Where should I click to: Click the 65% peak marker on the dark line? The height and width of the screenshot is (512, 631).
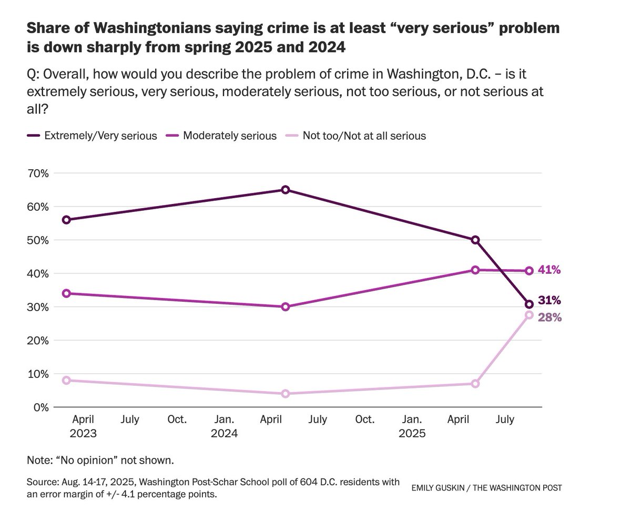point(285,190)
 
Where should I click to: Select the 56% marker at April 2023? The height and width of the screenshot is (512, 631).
point(66,220)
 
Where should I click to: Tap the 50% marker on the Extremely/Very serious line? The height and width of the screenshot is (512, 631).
point(475,240)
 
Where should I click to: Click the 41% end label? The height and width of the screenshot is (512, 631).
point(549,270)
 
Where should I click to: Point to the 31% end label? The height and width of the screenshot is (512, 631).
point(549,301)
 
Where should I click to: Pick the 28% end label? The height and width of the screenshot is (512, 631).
point(549,318)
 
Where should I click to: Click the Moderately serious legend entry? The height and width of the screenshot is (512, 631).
point(230,136)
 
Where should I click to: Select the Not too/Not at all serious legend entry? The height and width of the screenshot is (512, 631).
point(364,136)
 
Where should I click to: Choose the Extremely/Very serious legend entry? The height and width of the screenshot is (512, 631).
point(100,136)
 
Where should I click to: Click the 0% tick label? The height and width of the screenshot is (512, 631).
point(41,407)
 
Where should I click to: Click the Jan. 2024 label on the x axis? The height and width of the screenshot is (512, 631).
point(225,426)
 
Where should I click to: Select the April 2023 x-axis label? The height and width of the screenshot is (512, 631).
point(83,426)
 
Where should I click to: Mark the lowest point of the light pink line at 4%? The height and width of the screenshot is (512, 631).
point(285,394)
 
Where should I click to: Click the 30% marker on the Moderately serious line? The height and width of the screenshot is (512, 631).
point(285,307)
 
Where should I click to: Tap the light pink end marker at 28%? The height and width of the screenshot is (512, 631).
point(529,315)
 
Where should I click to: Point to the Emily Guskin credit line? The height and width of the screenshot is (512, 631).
point(486,488)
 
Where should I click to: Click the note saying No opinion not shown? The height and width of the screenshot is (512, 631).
point(100,460)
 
